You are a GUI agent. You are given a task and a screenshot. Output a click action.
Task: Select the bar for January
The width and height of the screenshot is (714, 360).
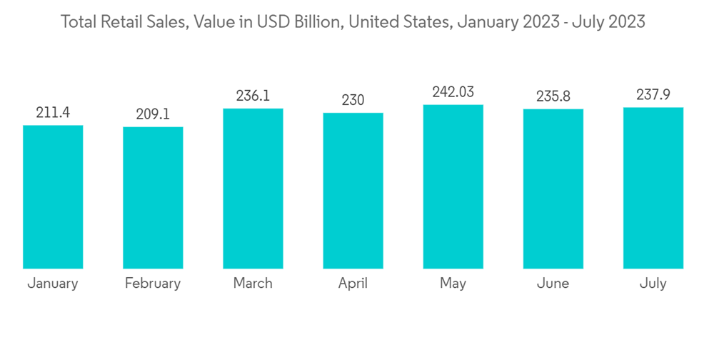[x=53, y=197]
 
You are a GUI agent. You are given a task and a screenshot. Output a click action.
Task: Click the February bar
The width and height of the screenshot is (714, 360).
[x=153, y=198]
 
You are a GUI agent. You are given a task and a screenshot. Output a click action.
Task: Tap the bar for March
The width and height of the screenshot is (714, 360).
[x=253, y=189]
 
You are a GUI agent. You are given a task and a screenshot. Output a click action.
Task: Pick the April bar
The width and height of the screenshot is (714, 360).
[x=353, y=191]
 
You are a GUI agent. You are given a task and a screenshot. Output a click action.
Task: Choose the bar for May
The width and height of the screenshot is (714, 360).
[x=453, y=186]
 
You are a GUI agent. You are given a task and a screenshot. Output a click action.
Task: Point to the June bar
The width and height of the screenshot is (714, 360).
[x=553, y=189]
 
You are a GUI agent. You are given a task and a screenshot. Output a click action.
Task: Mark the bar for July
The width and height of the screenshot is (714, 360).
[x=653, y=188]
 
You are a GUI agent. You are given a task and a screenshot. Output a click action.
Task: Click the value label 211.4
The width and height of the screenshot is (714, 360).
[x=53, y=112]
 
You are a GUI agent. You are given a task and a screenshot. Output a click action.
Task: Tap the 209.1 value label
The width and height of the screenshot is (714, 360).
[x=153, y=114]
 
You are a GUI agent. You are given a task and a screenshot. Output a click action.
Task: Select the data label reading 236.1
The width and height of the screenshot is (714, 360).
[x=253, y=96]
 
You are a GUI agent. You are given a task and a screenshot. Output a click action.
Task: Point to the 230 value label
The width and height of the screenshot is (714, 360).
[x=353, y=100]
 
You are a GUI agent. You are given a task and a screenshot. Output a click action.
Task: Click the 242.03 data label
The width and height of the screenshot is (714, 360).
[x=453, y=91]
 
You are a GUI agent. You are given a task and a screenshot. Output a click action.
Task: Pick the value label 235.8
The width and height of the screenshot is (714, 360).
[x=553, y=96]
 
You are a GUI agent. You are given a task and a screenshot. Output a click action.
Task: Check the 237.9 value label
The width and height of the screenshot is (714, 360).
[x=653, y=94]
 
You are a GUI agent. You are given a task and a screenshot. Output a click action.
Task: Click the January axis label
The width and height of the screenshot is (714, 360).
[x=53, y=284]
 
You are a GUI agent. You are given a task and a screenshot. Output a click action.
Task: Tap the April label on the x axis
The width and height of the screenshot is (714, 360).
[x=353, y=284]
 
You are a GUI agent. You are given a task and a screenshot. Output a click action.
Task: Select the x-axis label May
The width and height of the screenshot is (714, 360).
[x=453, y=284]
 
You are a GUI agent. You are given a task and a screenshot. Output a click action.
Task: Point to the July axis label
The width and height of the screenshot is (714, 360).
[x=653, y=284]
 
